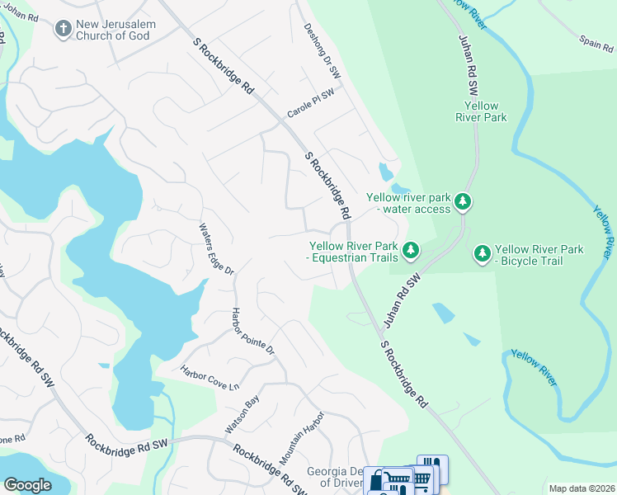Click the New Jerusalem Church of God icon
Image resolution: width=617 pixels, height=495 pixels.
point(63,30)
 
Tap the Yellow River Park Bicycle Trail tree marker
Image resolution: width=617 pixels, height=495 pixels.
point(483,255)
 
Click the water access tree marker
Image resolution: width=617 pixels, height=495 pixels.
point(463,201)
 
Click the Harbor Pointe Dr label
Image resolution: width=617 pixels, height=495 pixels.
point(252,332)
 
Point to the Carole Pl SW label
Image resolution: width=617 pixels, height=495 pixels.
point(310,106)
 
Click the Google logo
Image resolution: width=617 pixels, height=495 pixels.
point(27,485)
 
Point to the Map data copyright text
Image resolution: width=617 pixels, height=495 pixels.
point(581,488)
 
